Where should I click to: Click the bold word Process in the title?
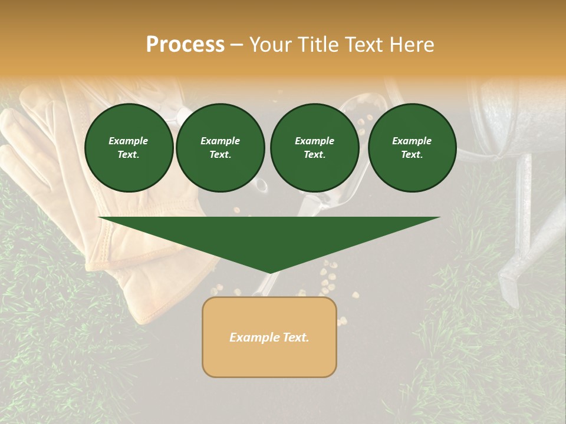185,45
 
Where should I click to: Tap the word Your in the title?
272,45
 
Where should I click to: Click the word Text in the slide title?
367,45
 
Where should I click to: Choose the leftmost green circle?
129,148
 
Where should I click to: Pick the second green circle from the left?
221,148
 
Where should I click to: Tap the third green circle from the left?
315,148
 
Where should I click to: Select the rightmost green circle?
412,148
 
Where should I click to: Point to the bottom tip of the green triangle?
269,272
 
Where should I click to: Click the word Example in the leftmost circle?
129,141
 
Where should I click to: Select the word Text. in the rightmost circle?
412,155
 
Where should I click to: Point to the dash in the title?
237,45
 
